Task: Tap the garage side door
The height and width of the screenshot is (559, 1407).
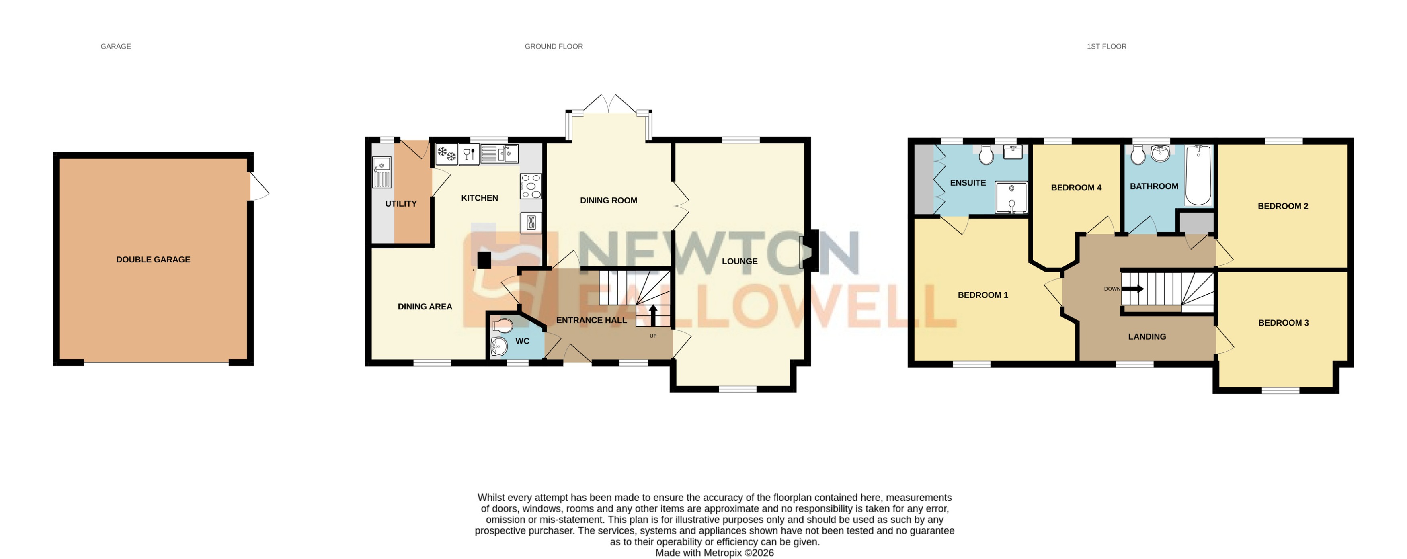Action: (259, 187)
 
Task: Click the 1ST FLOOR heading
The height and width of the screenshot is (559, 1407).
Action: (1106, 46)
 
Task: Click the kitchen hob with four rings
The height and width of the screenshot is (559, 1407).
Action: (530, 186)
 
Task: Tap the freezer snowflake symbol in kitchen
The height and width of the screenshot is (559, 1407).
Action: (447, 154)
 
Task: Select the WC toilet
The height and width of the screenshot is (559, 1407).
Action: (503, 326)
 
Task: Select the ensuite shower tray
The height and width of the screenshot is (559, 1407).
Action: (1011, 197)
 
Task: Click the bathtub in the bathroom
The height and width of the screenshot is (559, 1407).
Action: (1198, 175)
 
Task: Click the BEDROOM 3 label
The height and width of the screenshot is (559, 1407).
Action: (1283, 323)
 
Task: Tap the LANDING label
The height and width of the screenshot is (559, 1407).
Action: (1147, 337)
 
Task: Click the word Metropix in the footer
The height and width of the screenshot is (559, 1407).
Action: (723, 553)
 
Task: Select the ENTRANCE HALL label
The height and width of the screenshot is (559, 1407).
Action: (591, 320)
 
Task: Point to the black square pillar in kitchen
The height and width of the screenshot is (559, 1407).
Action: (484, 260)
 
